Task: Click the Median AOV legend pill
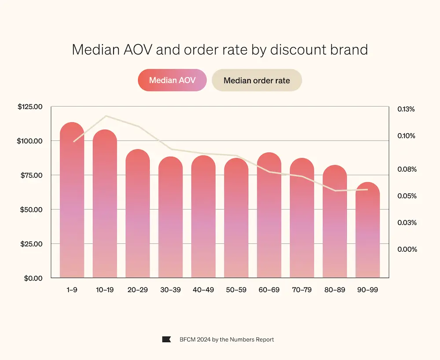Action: click(x=172, y=81)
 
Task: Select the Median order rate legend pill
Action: click(x=257, y=81)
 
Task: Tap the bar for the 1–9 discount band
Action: click(x=72, y=202)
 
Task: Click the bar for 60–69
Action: click(x=269, y=216)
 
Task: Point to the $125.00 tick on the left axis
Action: click(x=29, y=107)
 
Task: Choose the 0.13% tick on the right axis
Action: click(x=406, y=109)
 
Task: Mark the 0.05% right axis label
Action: click(x=407, y=196)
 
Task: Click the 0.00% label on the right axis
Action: click(x=407, y=250)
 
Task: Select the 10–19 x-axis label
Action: click(x=105, y=290)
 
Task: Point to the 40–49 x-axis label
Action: click(x=203, y=290)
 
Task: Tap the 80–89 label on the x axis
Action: click(x=334, y=290)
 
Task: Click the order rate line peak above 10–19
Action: click(x=106, y=116)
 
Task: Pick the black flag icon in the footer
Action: click(x=166, y=339)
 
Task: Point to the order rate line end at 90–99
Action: click(x=367, y=190)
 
